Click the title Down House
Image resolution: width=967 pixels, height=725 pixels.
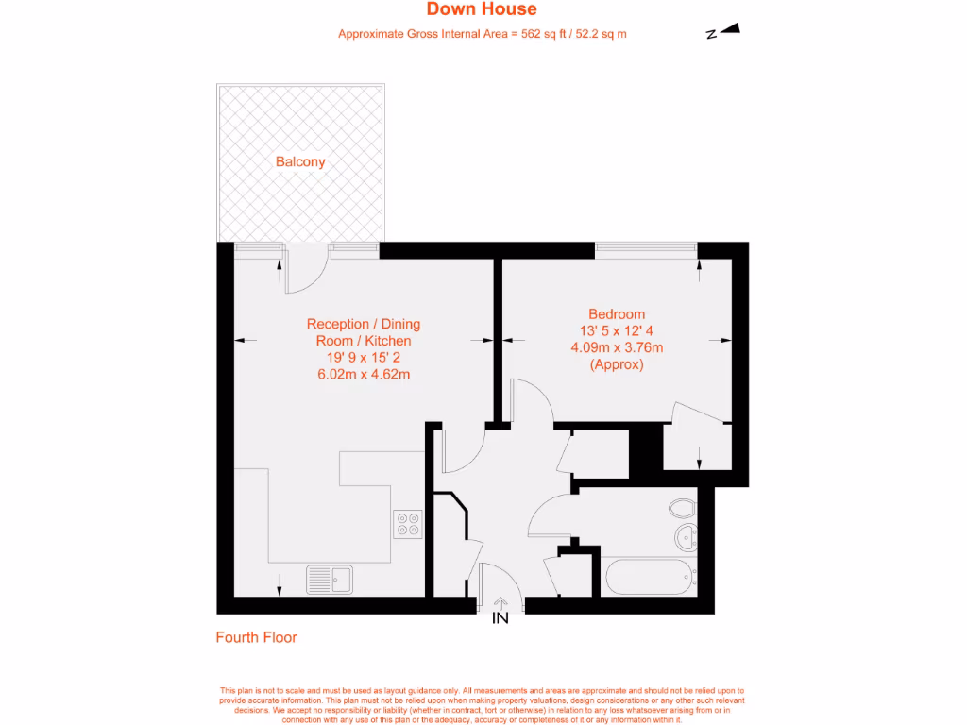(482, 9)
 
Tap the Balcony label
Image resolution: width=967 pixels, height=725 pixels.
(300, 161)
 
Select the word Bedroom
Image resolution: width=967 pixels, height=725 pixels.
(617, 314)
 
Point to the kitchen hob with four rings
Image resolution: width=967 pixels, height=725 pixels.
(408, 523)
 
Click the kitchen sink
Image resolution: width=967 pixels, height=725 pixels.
(329, 580)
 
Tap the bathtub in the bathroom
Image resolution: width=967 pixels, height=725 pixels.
(648, 576)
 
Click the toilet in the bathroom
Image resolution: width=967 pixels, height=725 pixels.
(682, 509)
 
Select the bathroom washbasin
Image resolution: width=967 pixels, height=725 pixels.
(687, 538)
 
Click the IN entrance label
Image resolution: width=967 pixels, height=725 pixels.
(500, 618)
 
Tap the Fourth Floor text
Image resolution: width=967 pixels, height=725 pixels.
(257, 637)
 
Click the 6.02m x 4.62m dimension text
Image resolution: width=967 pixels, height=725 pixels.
(364, 374)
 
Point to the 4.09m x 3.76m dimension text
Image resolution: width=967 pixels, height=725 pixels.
(617, 347)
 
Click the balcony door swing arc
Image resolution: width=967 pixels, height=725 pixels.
(311, 275)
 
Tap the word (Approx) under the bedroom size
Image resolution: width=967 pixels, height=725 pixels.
(617, 364)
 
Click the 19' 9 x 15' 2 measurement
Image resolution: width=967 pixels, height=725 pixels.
(364, 358)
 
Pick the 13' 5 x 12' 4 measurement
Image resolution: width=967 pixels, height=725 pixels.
(617, 330)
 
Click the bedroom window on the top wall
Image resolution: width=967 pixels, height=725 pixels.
(646, 249)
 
